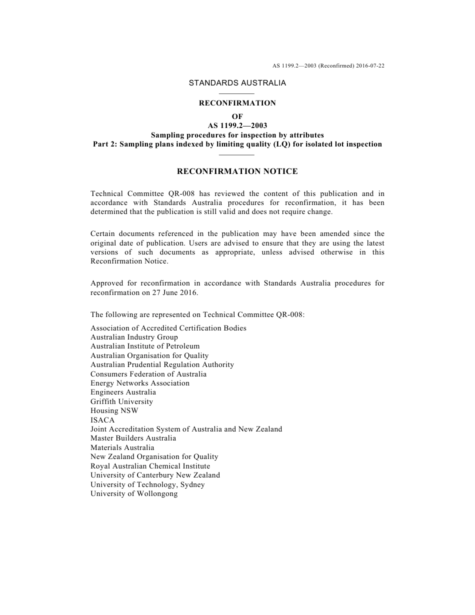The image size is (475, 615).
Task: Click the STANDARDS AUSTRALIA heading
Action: tap(237, 83)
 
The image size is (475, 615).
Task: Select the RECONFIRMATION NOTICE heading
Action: tap(237, 171)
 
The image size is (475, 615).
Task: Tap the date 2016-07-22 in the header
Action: tap(370, 65)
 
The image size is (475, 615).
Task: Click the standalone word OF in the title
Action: tap(237, 116)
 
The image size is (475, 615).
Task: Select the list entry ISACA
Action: tap(102, 420)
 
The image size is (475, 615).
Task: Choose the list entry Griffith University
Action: tap(121, 401)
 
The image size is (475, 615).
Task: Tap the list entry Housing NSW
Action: tap(114, 410)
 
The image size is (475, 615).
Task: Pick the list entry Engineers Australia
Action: tap(123, 392)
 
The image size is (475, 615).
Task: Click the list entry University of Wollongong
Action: tap(134, 493)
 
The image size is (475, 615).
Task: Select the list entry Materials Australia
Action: tap(122, 447)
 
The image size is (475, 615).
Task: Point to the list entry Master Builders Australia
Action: tap(133, 438)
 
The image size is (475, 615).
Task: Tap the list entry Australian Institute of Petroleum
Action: tap(144, 346)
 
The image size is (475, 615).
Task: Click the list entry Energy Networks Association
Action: tap(140, 383)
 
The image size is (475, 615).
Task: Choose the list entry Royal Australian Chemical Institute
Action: tap(150, 466)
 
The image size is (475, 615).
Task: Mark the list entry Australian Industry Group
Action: tap(134, 337)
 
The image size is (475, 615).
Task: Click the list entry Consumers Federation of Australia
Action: tap(148, 374)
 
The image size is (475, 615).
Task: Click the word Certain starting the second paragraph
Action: tap(103, 233)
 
